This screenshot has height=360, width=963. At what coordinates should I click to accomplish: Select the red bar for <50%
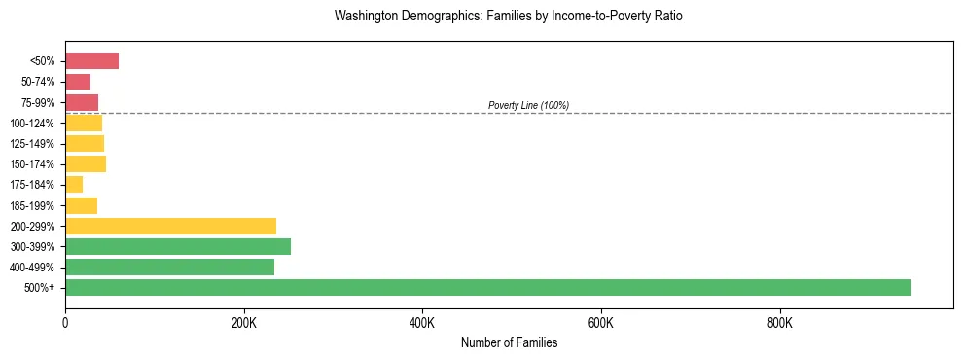(x=91, y=61)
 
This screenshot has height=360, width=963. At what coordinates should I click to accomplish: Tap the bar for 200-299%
(x=170, y=226)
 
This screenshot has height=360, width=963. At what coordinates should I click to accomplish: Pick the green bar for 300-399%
(x=178, y=246)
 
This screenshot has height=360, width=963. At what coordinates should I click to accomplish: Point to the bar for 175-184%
(x=74, y=185)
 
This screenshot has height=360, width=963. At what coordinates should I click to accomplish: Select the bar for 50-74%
(x=78, y=82)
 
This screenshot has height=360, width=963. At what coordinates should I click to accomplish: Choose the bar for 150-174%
(x=86, y=164)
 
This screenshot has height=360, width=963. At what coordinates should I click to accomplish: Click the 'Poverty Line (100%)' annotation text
(x=528, y=105)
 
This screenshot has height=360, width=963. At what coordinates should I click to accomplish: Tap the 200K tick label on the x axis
(x=244, y=323)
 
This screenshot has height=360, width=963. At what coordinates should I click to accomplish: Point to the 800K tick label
(x=780, y=323)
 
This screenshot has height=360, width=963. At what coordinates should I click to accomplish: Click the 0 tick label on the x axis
(x=65, y=323)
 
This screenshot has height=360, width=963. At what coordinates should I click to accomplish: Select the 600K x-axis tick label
(x=601, y=323)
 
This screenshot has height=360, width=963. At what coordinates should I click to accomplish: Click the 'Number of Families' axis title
(x=509, y=342)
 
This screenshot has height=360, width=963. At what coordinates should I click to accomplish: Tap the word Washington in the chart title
(x=367, y=17)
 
